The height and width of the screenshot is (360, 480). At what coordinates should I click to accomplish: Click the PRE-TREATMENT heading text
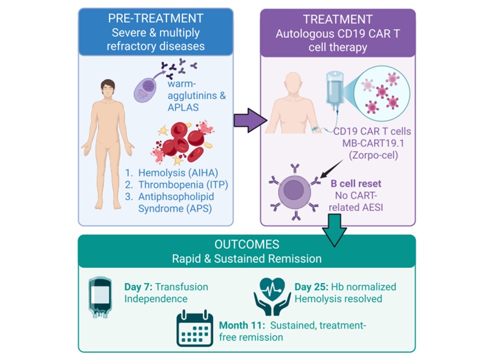[x=155, y=18]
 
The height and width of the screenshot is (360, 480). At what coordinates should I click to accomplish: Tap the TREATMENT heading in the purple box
[x=337, y=19]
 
